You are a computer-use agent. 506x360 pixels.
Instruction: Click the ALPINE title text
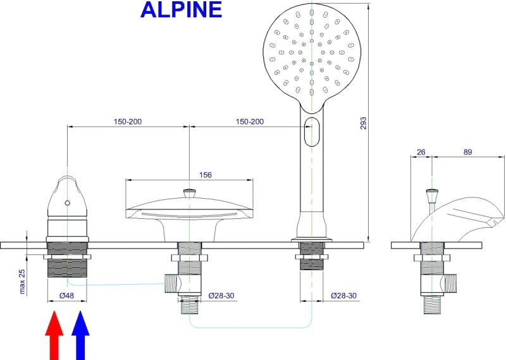click(x=181, y=9)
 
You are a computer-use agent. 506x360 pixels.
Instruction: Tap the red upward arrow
click(x=55, y=333)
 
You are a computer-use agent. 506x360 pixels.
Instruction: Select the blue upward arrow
click(x=80, y=333)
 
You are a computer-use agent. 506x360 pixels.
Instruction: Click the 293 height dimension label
click(x=362, y=123)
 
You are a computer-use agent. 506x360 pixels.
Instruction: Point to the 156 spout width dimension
click(x=206, y=175)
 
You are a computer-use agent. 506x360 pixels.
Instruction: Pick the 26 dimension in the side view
click(x=421, y=152)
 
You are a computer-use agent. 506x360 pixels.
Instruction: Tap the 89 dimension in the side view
click(x=467, y=152)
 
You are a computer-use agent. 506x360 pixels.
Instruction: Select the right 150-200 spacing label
click(x=250, y=121)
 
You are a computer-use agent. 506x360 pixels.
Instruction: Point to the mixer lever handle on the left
click(x=67, y=197)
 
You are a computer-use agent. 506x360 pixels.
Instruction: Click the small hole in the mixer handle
click(x=67, y=204)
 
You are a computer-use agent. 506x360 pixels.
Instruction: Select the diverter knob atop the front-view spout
click(x=189, y=192)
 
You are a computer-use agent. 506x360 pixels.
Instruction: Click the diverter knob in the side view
click(x=431, y=192)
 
